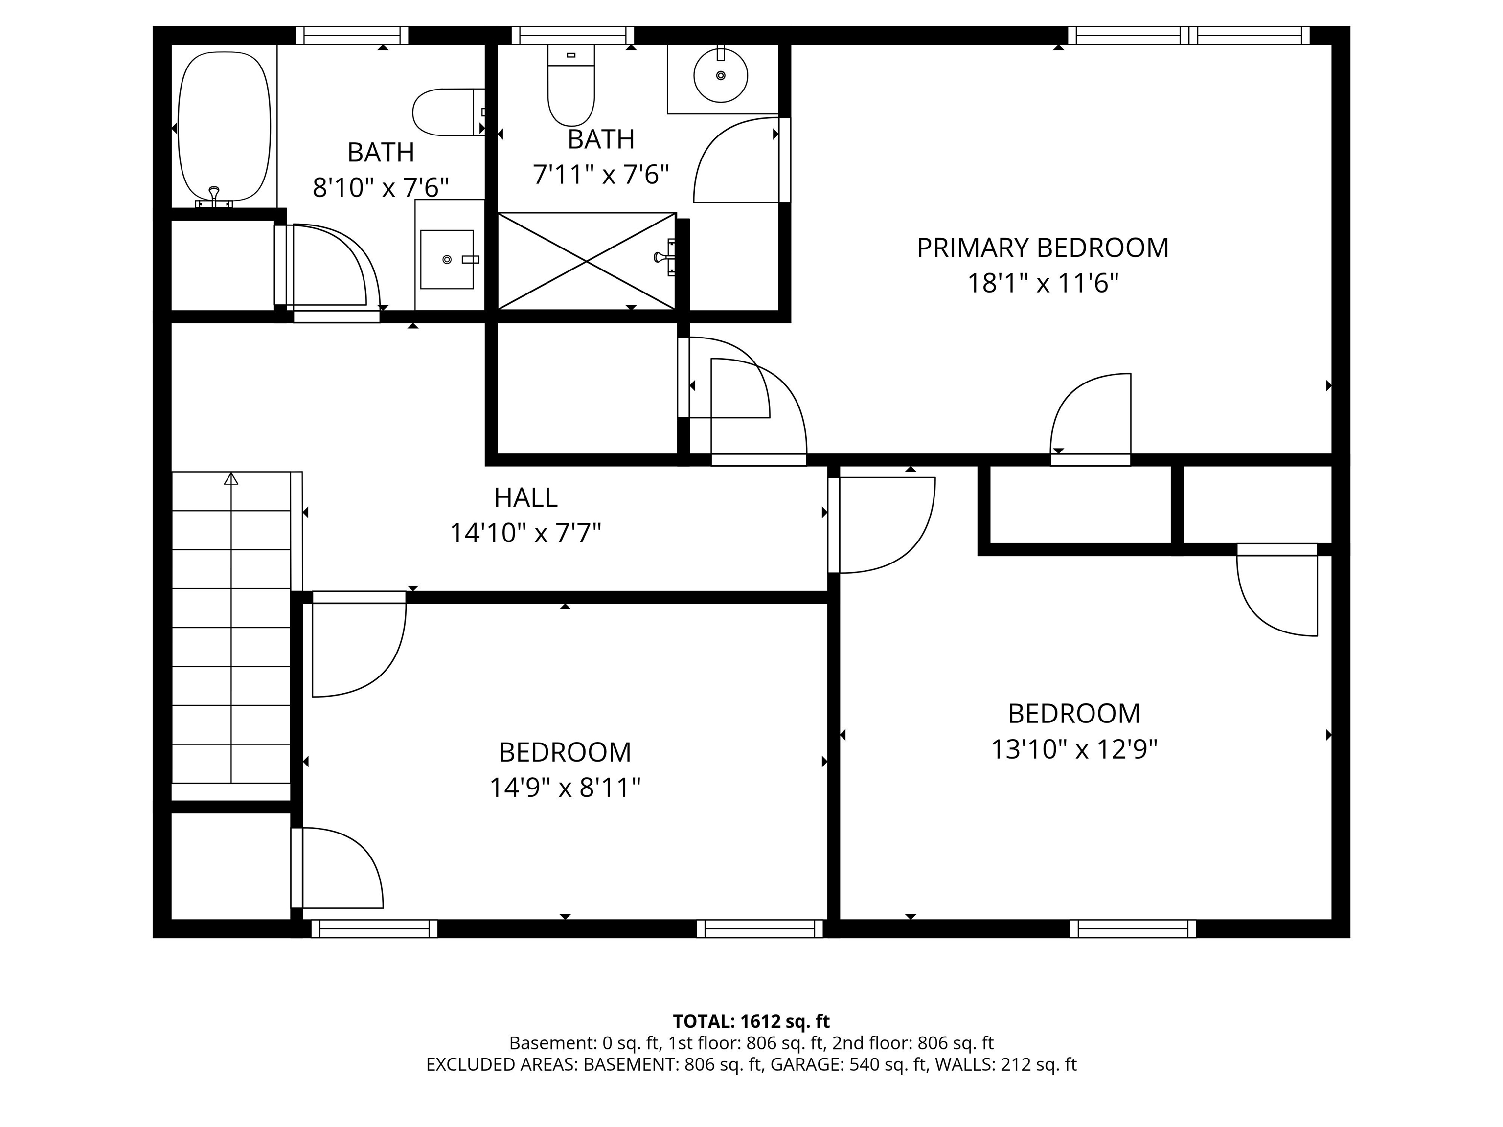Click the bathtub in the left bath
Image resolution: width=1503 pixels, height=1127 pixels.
tap(224, 127)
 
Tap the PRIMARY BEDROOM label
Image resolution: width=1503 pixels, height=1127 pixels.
tap(1042, 248)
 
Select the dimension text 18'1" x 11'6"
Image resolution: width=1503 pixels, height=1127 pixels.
tap(1042, 283)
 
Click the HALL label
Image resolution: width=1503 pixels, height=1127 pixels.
tap(525, 498)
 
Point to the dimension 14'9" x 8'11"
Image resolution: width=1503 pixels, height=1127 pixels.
tap(565, 788)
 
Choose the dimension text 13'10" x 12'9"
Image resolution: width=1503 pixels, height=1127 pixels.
tap(1073, 749)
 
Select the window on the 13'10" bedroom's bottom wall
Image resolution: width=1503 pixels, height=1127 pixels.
tap(1132, 928)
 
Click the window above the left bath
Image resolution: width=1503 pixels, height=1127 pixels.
tap(352, 35)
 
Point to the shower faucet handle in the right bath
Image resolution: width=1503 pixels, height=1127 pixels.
tap(662, 257)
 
